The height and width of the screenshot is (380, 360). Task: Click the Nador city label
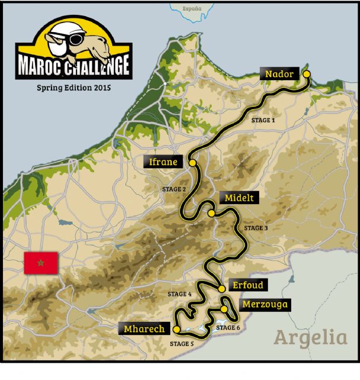click(x=280, y=74)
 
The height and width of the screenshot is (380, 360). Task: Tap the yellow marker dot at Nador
click(x=307, y=74)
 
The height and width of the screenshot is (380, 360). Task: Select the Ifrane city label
click(x=163, y=161)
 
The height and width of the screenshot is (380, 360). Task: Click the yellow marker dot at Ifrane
click(x=192, y=162)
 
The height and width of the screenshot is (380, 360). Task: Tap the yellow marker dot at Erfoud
click(x=221, y=289)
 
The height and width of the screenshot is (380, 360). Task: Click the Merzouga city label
click(x=265, y=305)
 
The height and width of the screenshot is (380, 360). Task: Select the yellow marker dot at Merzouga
click(x=224, y=309)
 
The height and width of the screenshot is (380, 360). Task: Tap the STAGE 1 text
click(x=263, y=120)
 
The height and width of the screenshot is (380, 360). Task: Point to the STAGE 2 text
click(x=174, y=189)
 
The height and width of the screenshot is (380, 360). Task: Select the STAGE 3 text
click(x=256, y=228)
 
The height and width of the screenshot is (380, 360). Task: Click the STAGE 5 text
click(x=181, y=343)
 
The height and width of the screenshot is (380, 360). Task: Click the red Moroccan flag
click(x=40, y=262)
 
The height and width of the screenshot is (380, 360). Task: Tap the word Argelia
click(x=310, y=338)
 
